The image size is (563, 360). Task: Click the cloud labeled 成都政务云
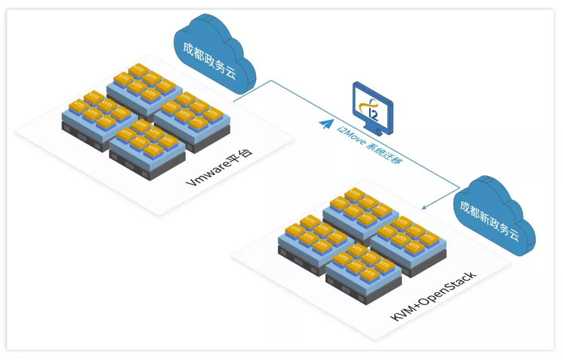click(214, 54)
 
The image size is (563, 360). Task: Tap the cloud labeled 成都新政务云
click(494, 215)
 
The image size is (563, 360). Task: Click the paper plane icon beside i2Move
click(326, 124)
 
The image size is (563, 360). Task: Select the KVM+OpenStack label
click(433, 296)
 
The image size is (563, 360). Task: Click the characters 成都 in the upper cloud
click(194, 52)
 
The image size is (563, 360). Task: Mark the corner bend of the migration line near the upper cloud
click(271, 81)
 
